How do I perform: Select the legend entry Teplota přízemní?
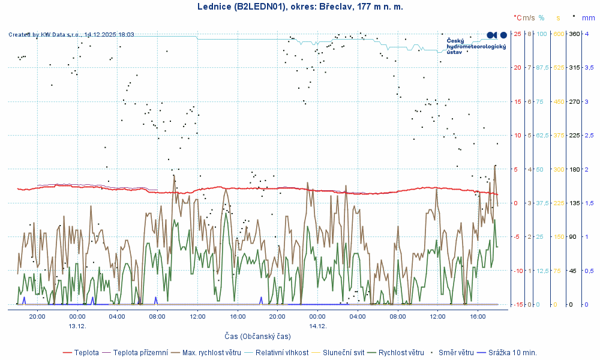[x=137, y=352]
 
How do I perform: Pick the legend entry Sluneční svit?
[x=344, y=352]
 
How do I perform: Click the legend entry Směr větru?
[x=456, y=352]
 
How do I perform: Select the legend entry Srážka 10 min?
[x=512, y=352]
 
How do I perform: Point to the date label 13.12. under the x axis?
[x=77, y=326]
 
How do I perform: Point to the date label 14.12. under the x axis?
[x=317, y=326]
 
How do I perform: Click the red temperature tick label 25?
[x=517, y=34]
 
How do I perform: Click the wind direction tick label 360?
[x=574, y=34]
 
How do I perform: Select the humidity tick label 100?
[x=541, y=34]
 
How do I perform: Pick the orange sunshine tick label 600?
[x=559, y=34]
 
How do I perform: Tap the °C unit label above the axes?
[x=518, y=18]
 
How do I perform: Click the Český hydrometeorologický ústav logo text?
[x=476, y=46]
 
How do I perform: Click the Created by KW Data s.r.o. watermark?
[x=71, y=35]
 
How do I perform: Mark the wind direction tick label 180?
[x=574, y=169]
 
